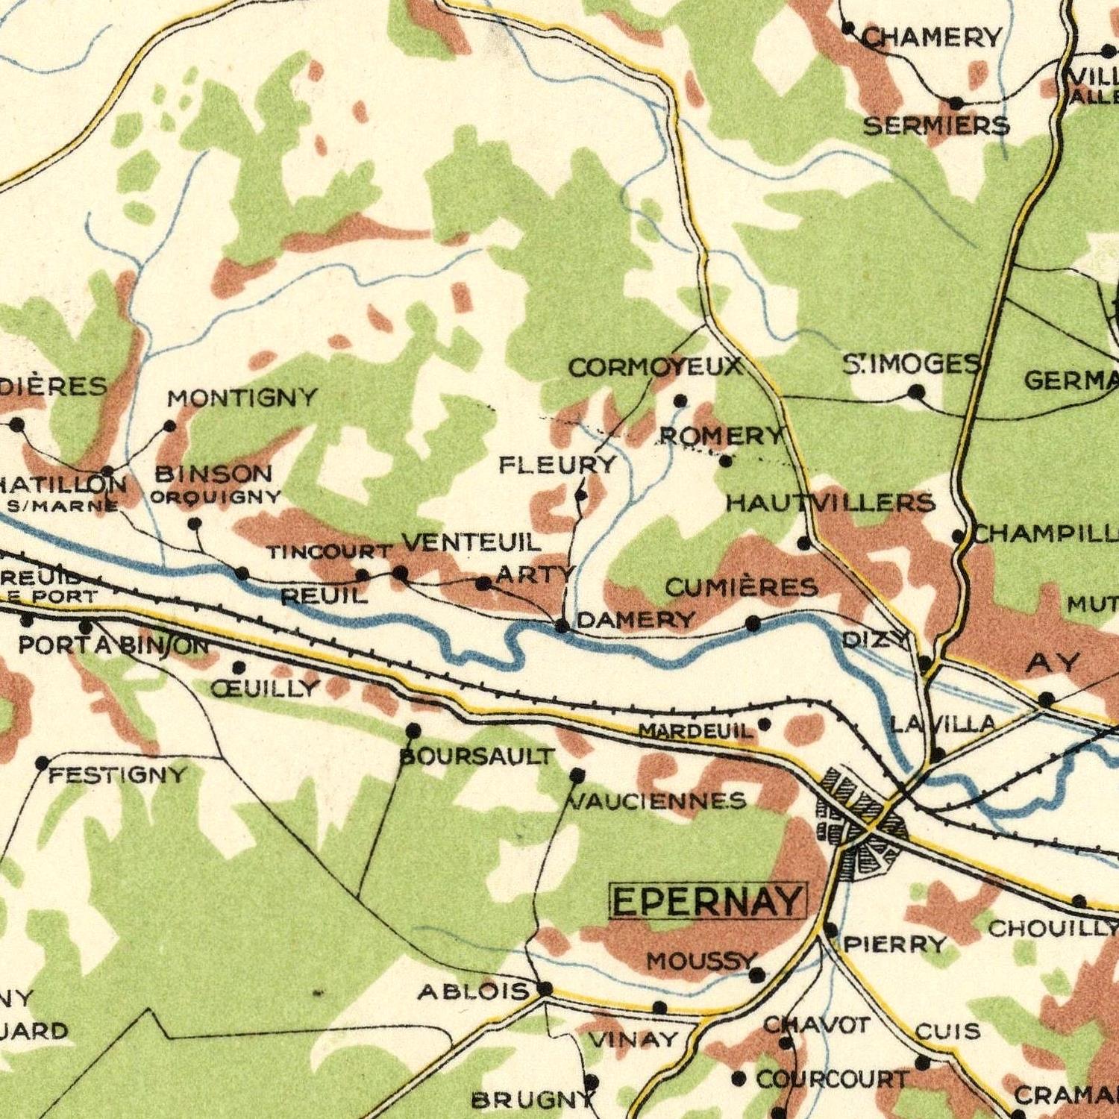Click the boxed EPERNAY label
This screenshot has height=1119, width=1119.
click(708, 901)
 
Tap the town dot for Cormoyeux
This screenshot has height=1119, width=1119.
click(680, 401)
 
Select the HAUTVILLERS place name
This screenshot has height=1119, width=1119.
click(830, 503)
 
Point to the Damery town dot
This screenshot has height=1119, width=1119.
click(562, 625)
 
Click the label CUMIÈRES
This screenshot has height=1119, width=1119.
click(742, 588)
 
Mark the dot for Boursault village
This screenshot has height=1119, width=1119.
click(413, 730)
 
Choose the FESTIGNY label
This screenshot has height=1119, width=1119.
click(118, 776)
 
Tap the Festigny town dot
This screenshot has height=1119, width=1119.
click(43, 762)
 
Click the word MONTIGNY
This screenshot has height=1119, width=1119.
click(242, 398)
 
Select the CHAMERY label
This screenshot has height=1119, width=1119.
click(932, 37)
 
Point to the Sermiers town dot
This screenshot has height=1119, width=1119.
click(956, 102)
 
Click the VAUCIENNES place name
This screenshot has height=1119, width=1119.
click(657, 801)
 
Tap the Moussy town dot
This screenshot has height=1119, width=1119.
click(756, 974)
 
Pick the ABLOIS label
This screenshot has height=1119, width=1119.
click(473, 991)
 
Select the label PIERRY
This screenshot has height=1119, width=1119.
click(895, 945)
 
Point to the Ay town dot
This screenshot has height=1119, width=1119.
click(1047, 699)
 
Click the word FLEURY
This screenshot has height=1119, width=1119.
click(558, 466)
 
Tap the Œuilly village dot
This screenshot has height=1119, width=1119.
click(239, 666)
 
